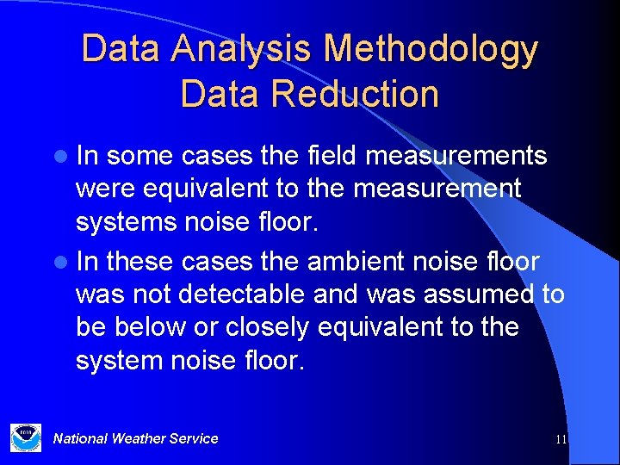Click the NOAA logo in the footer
[25, 437]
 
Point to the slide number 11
[561, 439]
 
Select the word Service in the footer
[194, 438]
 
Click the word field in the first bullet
[332, 156]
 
